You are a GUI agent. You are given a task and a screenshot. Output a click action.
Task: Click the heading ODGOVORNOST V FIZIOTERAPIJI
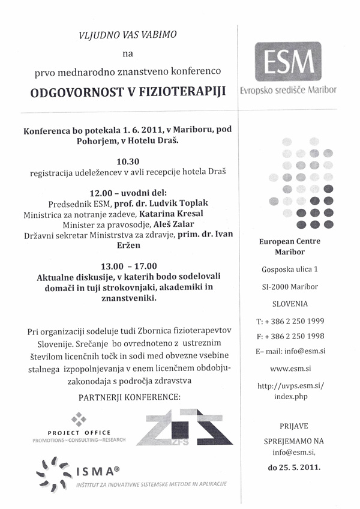(125, 92)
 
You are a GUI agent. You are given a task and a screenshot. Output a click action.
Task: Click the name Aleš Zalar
(161, 224)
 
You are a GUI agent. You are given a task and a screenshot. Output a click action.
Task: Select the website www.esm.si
(290, 369)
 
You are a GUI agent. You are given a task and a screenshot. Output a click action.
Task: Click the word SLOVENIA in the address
(290, 304)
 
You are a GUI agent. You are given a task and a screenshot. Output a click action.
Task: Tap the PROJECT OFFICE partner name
(79, 432)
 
